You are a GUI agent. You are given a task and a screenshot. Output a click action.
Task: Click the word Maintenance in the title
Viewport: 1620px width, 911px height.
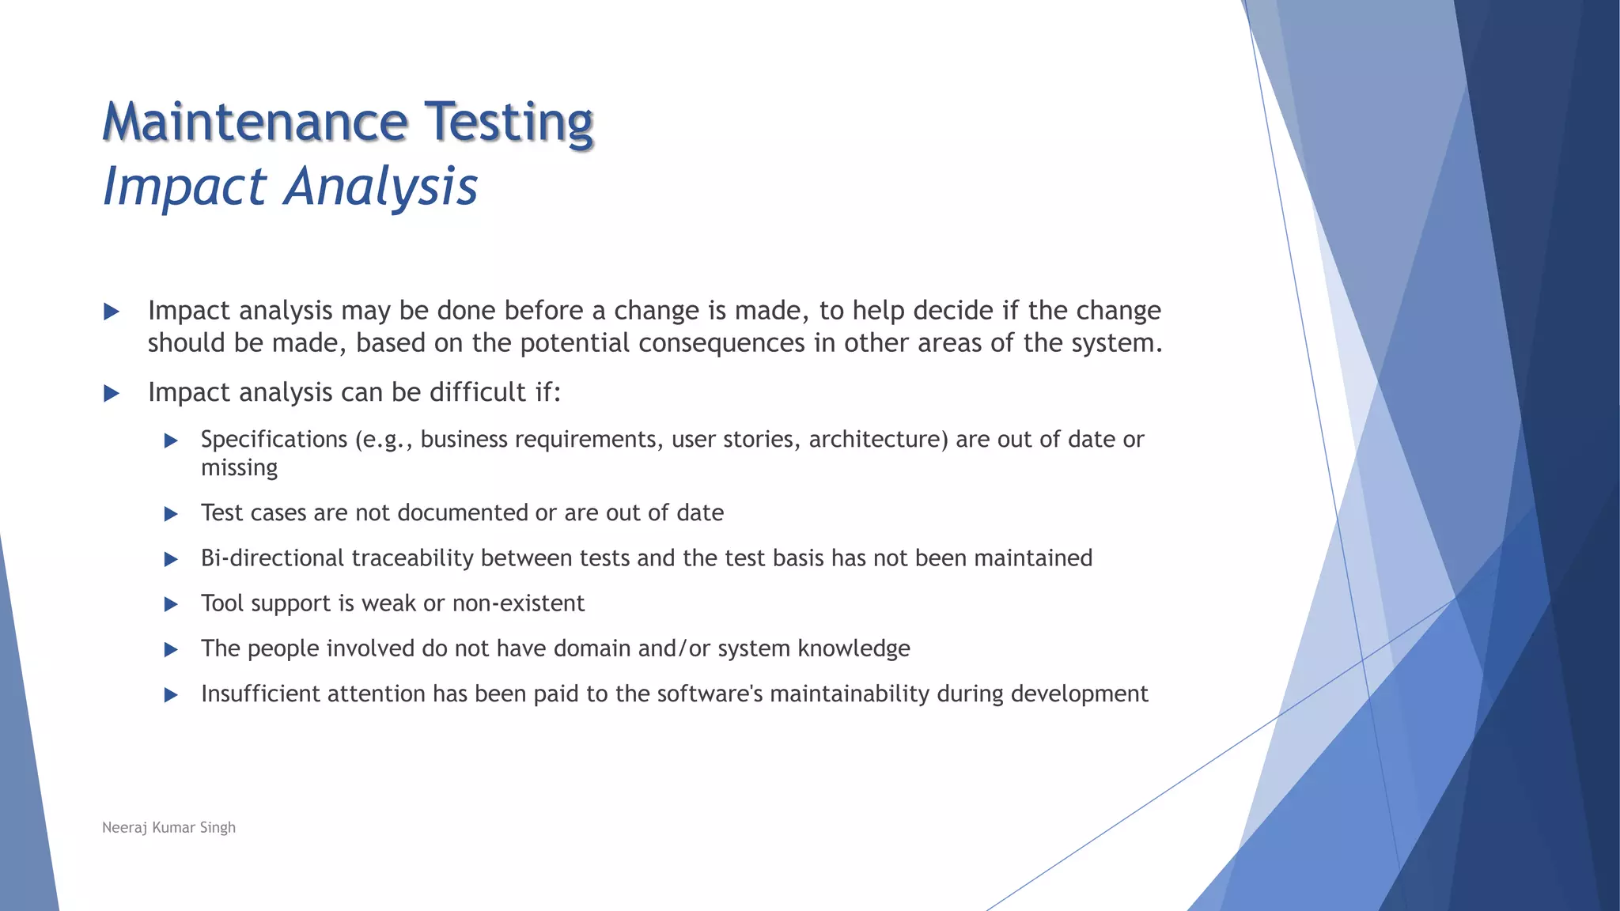pyautogui.click(x=255, y=123)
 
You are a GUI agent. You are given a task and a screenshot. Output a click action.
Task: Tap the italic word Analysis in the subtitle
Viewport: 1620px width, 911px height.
pyautogui.click(x=381, y=187)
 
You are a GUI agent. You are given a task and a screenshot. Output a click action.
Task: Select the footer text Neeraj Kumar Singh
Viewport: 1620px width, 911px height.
pyautogui.click(x=168, y=827)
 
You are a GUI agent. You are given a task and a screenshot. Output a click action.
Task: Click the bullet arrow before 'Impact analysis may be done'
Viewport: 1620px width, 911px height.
pyautogui.click(x=112, y=312)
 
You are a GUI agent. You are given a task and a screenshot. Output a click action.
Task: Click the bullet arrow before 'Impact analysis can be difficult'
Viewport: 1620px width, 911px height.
pyautogui.click(x=112, y=393)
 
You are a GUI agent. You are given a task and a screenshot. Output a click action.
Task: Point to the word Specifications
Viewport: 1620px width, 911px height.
pyautogui.click(x=274, y=440)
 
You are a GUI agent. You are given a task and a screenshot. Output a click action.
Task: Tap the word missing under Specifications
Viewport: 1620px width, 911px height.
pyautogui.click(x=239, y=468)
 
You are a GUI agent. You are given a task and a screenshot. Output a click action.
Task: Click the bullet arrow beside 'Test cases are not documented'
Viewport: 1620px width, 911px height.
pyautogui.click(x=171, y=514)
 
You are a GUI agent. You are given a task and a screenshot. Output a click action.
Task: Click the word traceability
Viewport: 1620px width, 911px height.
pyautogui.click(x=412, y=558)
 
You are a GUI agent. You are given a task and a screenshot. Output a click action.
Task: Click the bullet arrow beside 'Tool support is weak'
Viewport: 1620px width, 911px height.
pyautogui.click(x=171, y=604)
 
